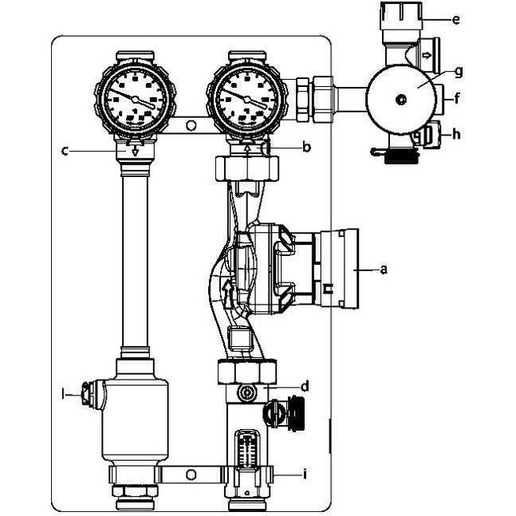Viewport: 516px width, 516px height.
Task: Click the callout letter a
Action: tap(384, 270)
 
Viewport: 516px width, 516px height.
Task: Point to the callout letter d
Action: tap(304, 387)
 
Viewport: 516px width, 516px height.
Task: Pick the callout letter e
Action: tap(455, 19)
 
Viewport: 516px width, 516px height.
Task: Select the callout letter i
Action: tap(304, 474)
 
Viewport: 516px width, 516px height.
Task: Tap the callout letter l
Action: tap(63, 392)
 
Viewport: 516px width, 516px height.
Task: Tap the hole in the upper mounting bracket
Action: tap(191, 125)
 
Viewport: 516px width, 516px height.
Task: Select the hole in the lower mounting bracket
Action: tap(191, 475)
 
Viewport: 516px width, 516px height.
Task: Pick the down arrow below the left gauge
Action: tap(134, 148)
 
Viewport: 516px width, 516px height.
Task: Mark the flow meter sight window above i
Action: tap(247, 448)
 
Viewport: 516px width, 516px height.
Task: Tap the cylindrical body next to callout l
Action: tap(134, 407)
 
